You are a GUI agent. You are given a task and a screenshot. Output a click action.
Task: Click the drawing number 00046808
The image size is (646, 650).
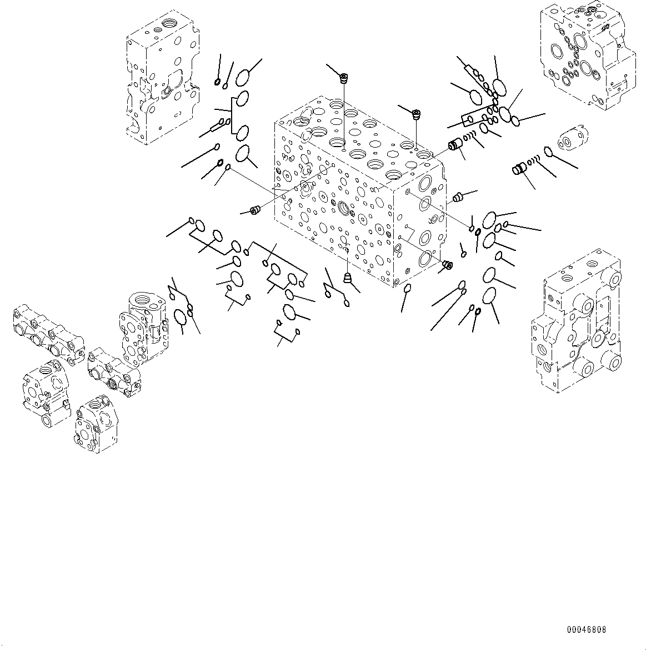[x=586, y=629]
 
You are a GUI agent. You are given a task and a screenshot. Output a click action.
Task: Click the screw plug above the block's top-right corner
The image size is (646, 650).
[x=415, y=114]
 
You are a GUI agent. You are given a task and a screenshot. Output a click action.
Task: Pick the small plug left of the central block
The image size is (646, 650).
[x=256, y=209]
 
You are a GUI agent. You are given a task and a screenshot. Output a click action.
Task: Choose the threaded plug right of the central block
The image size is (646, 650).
[x=458, y=196]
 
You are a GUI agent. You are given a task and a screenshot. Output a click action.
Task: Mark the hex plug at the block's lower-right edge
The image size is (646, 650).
[x=448, y=265]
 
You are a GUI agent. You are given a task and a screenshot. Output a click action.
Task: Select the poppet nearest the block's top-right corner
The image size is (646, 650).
[x=456, y=145]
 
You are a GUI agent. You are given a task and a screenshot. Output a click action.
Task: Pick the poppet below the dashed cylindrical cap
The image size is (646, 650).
[x=520, y=168]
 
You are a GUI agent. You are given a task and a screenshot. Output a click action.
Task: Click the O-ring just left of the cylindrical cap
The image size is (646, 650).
[x=547, y=151]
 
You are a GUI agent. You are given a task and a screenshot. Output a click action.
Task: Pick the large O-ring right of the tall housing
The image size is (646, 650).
[x=179, y=317]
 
